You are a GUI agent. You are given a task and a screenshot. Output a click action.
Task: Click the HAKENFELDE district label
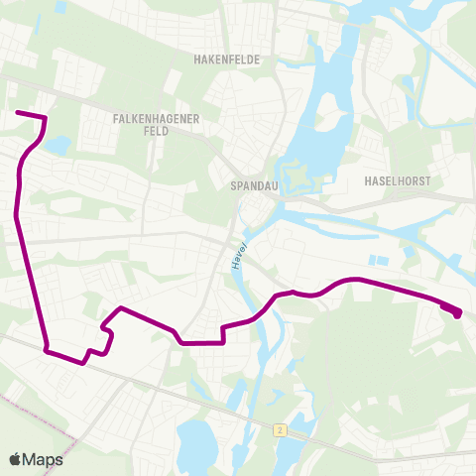tap(227, 59)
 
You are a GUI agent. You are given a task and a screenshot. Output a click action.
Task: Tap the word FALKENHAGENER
tap(158, 119)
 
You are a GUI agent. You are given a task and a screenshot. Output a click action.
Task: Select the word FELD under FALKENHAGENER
tap(157, 131)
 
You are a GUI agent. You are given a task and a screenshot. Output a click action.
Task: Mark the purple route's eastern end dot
tap(457, 314)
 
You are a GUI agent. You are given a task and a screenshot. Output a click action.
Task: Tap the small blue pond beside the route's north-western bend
tap(58, 146)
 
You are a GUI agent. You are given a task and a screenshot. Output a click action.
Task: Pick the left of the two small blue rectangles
tap(373, 261)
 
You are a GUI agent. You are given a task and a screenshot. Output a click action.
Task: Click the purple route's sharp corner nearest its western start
tap(45, 119)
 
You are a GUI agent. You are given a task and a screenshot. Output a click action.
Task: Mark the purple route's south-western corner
tap(46, 348)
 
